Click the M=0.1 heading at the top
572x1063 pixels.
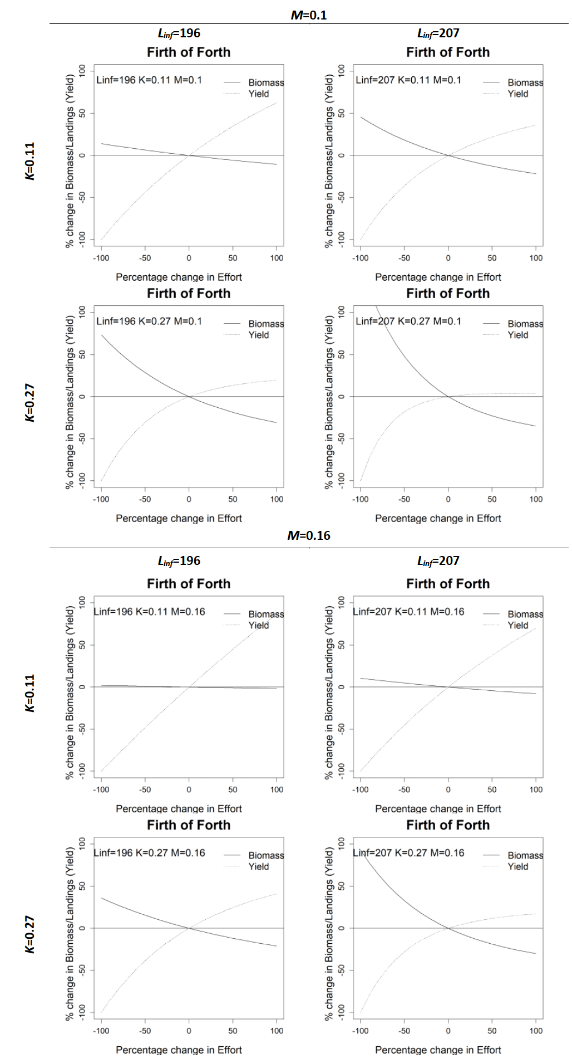[309, 15]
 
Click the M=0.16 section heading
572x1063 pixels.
[309, 535]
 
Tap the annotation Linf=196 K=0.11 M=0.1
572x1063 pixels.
[149, 80]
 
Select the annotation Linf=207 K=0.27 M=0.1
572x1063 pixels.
[408, 321]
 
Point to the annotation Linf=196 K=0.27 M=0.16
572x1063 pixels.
[149, 852]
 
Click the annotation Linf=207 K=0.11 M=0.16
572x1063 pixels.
[408, 611]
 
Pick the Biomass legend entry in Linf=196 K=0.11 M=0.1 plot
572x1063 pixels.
[265, 82]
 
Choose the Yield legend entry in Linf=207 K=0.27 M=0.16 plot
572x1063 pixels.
[517, 866]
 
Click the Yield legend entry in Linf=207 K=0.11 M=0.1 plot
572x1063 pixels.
[517, 94]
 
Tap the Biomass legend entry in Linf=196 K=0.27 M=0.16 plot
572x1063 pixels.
[265, 855]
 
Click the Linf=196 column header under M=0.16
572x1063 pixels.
[179, 561]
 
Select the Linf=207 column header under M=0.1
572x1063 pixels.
[438, 33]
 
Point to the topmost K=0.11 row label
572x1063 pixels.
[30, 161]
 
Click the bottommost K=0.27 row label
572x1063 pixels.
[30, 934]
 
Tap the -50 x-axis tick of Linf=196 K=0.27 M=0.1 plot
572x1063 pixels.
[145, 499]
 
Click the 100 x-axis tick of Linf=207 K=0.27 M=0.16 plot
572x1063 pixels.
[536, 1031]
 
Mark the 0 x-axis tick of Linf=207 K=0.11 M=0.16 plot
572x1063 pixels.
[448, 789]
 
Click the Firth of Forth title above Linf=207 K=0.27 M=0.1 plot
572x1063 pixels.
[448, 294]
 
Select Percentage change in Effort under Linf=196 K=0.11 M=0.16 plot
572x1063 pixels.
[179, 808]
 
